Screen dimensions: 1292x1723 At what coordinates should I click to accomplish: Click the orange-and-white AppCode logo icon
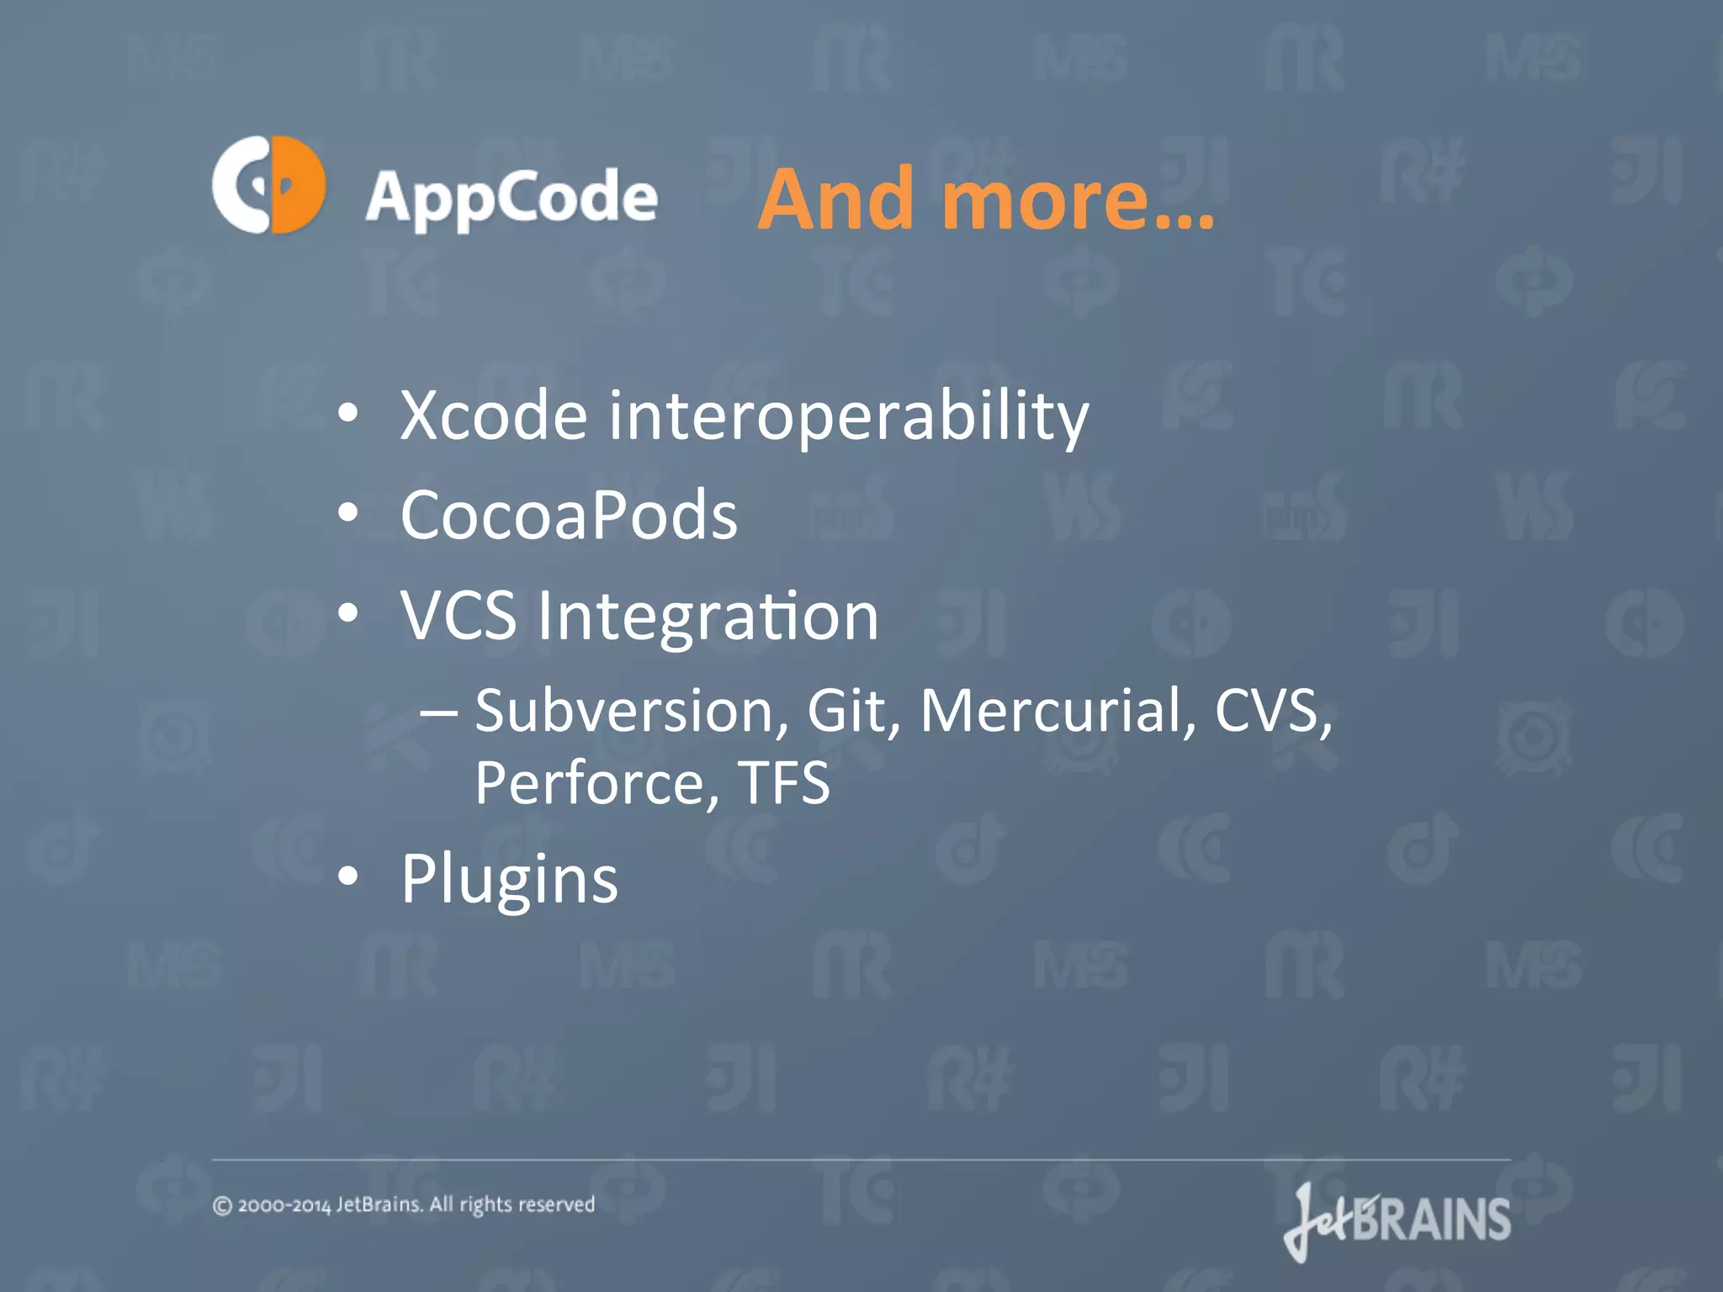[268, 184]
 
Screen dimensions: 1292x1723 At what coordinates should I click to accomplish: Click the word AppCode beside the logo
[511, 198]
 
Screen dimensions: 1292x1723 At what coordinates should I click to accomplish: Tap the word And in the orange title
[836, 199]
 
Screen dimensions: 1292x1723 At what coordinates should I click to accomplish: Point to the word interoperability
[848, 416]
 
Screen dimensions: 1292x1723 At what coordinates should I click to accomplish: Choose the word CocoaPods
[569, 515]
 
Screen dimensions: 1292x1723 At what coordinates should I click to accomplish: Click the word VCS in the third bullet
[458, 615]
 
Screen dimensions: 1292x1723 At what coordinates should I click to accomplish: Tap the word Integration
[708, 617]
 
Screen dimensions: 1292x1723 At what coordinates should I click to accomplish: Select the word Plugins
[509, 880]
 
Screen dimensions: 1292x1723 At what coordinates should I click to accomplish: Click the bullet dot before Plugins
[347, 877]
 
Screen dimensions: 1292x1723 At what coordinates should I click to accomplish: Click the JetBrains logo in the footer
[1397, 1221]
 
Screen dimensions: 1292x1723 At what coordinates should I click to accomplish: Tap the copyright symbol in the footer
[222, 1206]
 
